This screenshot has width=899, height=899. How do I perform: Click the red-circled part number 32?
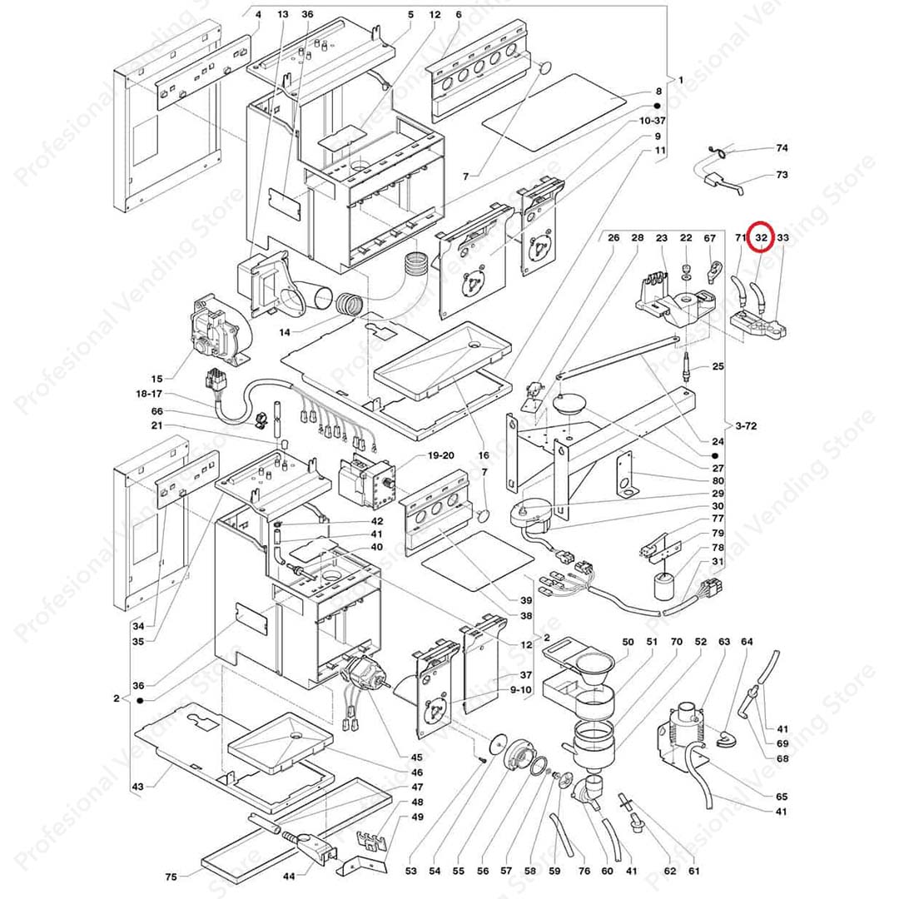[761, 238]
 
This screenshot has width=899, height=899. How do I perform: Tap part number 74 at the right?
[781, 148]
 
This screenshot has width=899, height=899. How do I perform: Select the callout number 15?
[157, 378]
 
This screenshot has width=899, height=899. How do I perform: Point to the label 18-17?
[151, 393]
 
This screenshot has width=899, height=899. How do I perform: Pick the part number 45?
[416, 757]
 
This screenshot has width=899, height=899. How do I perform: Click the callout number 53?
[410, 871]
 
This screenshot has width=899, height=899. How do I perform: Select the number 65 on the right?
[781, 797]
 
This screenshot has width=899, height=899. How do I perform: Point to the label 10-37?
[652, 121]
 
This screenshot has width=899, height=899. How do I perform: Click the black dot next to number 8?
[657, 107]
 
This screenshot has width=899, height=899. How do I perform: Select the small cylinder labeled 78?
[665, 587]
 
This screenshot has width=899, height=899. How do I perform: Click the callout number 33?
[782, 238]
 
